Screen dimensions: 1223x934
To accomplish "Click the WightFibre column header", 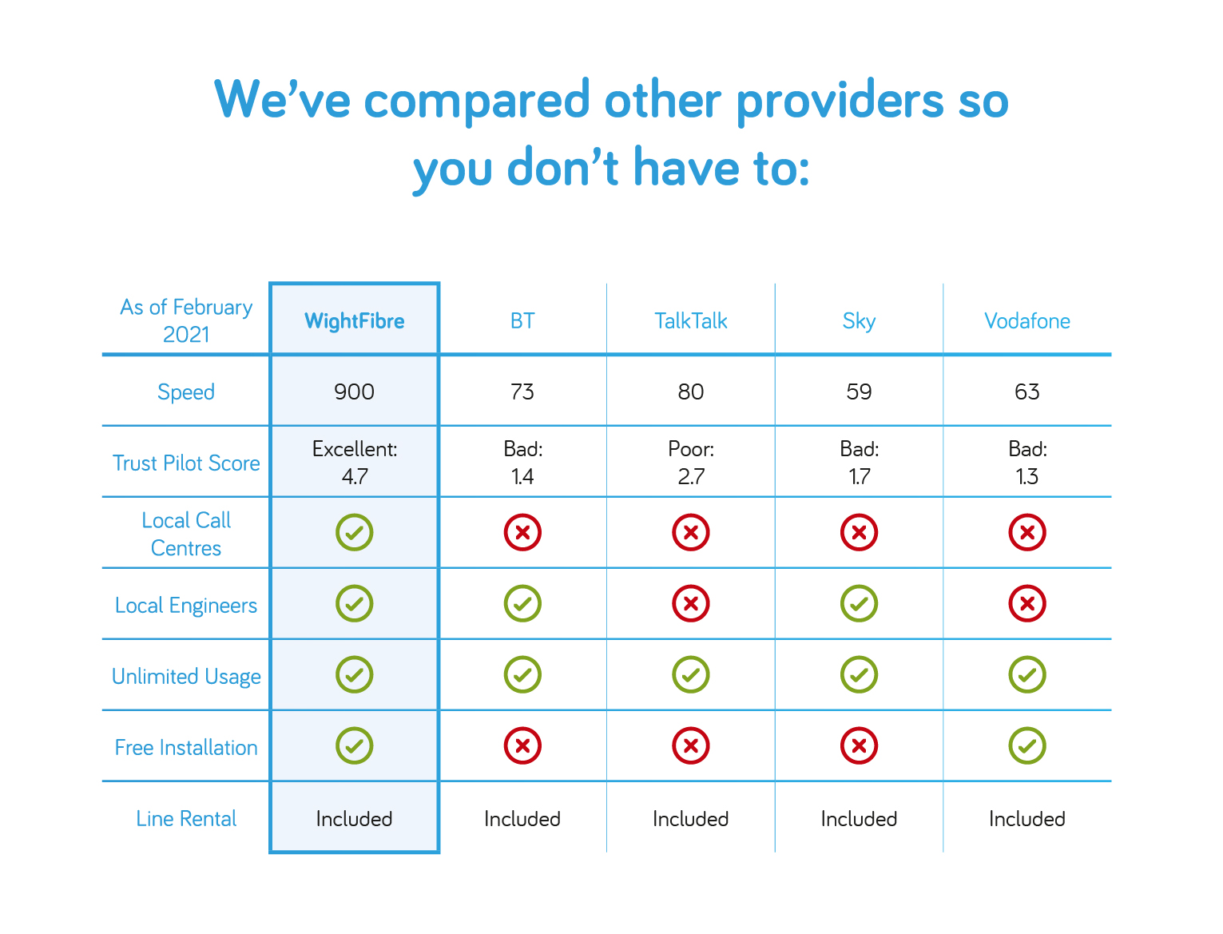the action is coord(354,320).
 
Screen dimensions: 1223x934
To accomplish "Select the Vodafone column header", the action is coord(1026,320).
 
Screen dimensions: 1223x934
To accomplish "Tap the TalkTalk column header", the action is coord(690,320).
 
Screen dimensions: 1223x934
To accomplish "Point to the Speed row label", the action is coord(185,391).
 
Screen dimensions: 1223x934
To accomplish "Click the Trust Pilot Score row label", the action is coord(185,463).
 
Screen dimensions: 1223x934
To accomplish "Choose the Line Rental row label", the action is coord(185,818).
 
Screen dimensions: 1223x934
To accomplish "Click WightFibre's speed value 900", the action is coord(354,391).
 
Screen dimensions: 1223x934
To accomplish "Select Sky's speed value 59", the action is coord(859,391).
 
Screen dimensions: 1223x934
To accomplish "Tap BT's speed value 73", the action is coord(522,391).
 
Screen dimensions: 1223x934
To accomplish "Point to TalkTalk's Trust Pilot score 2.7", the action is coord(691,476).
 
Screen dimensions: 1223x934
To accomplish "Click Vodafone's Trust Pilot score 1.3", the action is coord(1026,476).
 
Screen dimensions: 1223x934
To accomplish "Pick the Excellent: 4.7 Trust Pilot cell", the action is coord(355,462).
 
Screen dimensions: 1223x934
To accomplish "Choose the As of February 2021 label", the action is coord(186,320).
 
